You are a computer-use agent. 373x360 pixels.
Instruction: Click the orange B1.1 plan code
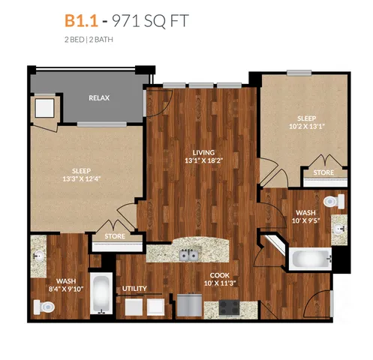coord(81,20)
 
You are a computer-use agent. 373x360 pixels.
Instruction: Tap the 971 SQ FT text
coord(150,21)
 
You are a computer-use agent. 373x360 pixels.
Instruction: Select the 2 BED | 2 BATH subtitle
coord(89,40)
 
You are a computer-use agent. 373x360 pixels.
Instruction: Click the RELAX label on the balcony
coord(99,97)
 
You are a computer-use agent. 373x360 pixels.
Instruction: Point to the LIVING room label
coord(203,152)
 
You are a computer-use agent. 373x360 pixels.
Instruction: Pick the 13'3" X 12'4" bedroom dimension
coord(82,179)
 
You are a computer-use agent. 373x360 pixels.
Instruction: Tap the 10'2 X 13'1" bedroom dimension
coord(307,127)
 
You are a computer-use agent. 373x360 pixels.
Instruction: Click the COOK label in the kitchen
coord(220,275)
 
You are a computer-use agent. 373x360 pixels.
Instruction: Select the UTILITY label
coord(134,289)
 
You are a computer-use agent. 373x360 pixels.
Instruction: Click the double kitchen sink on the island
coord(189,255)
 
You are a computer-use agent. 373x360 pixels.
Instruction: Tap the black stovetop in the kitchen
coord(229,307)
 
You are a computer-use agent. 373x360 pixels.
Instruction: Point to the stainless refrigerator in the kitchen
coord(189,306)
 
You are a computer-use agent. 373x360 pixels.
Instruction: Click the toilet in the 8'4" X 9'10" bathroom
coord(44,307)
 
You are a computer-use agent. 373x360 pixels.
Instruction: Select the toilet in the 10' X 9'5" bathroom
coord(334,201)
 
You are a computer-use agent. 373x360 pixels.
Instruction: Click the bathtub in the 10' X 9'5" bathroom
coord(311,259)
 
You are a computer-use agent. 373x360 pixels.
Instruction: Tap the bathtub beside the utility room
coord(101,293)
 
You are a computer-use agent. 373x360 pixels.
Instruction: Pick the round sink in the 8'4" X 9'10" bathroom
coord(39,256)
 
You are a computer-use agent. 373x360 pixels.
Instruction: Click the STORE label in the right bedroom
coord(323,172)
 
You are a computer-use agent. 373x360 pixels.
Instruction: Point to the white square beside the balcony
coord(44,108)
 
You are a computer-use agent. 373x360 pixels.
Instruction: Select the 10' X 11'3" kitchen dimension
coord(220,283)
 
